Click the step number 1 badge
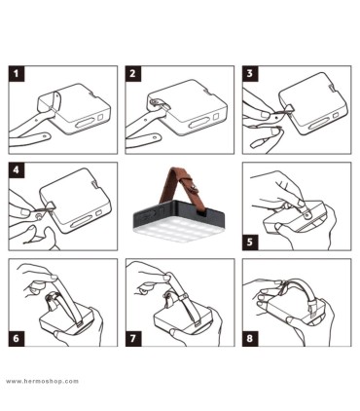point(17,74)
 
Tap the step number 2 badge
point(133,74)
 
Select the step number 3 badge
point(250,74)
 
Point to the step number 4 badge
point(17,170)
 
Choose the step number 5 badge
point(250,243)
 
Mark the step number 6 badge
point(17,339)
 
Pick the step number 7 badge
point(133,339)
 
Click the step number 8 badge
point(250,339)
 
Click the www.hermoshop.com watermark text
point(42,381)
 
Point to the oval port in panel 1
point(85,123)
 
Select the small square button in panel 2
point(217,117)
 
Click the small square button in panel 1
point(100,117)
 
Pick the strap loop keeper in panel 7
point(184,297)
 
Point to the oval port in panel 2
point(201,123)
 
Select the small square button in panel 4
point(99,213)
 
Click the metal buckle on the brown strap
point(193,190)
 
